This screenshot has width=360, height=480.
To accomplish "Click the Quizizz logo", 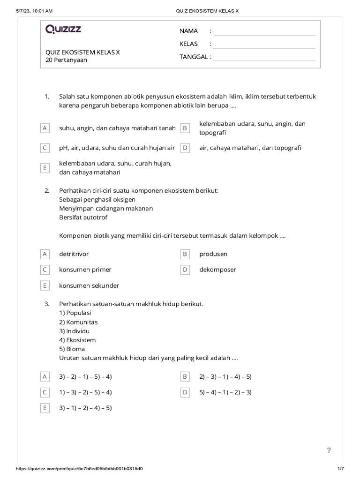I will pos(63,30).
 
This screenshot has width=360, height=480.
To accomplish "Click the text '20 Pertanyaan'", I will pos(66,60).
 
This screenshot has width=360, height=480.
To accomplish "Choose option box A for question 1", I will pos(45,128).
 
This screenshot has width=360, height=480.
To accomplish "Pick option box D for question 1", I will pos(185,148).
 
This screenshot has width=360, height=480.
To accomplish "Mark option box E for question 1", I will pos(45,168).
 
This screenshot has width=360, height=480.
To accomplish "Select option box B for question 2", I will pos(185,254).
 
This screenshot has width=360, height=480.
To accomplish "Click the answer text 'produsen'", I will pos(213,254).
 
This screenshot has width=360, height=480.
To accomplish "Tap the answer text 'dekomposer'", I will pos(217,270).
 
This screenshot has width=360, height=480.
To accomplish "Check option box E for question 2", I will pos(45,285).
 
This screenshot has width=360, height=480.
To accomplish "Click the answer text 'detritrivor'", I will pos(74,254).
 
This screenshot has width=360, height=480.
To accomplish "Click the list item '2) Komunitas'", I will pos(78,322).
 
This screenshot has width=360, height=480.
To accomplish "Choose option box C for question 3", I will pos(45,392).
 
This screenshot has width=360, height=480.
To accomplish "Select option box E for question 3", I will pos(45,408).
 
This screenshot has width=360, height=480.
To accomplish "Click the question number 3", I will pos(47,304).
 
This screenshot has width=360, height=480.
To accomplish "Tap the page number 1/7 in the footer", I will pos(341,469).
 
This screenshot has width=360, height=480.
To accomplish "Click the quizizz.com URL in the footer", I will pos(79,469).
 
